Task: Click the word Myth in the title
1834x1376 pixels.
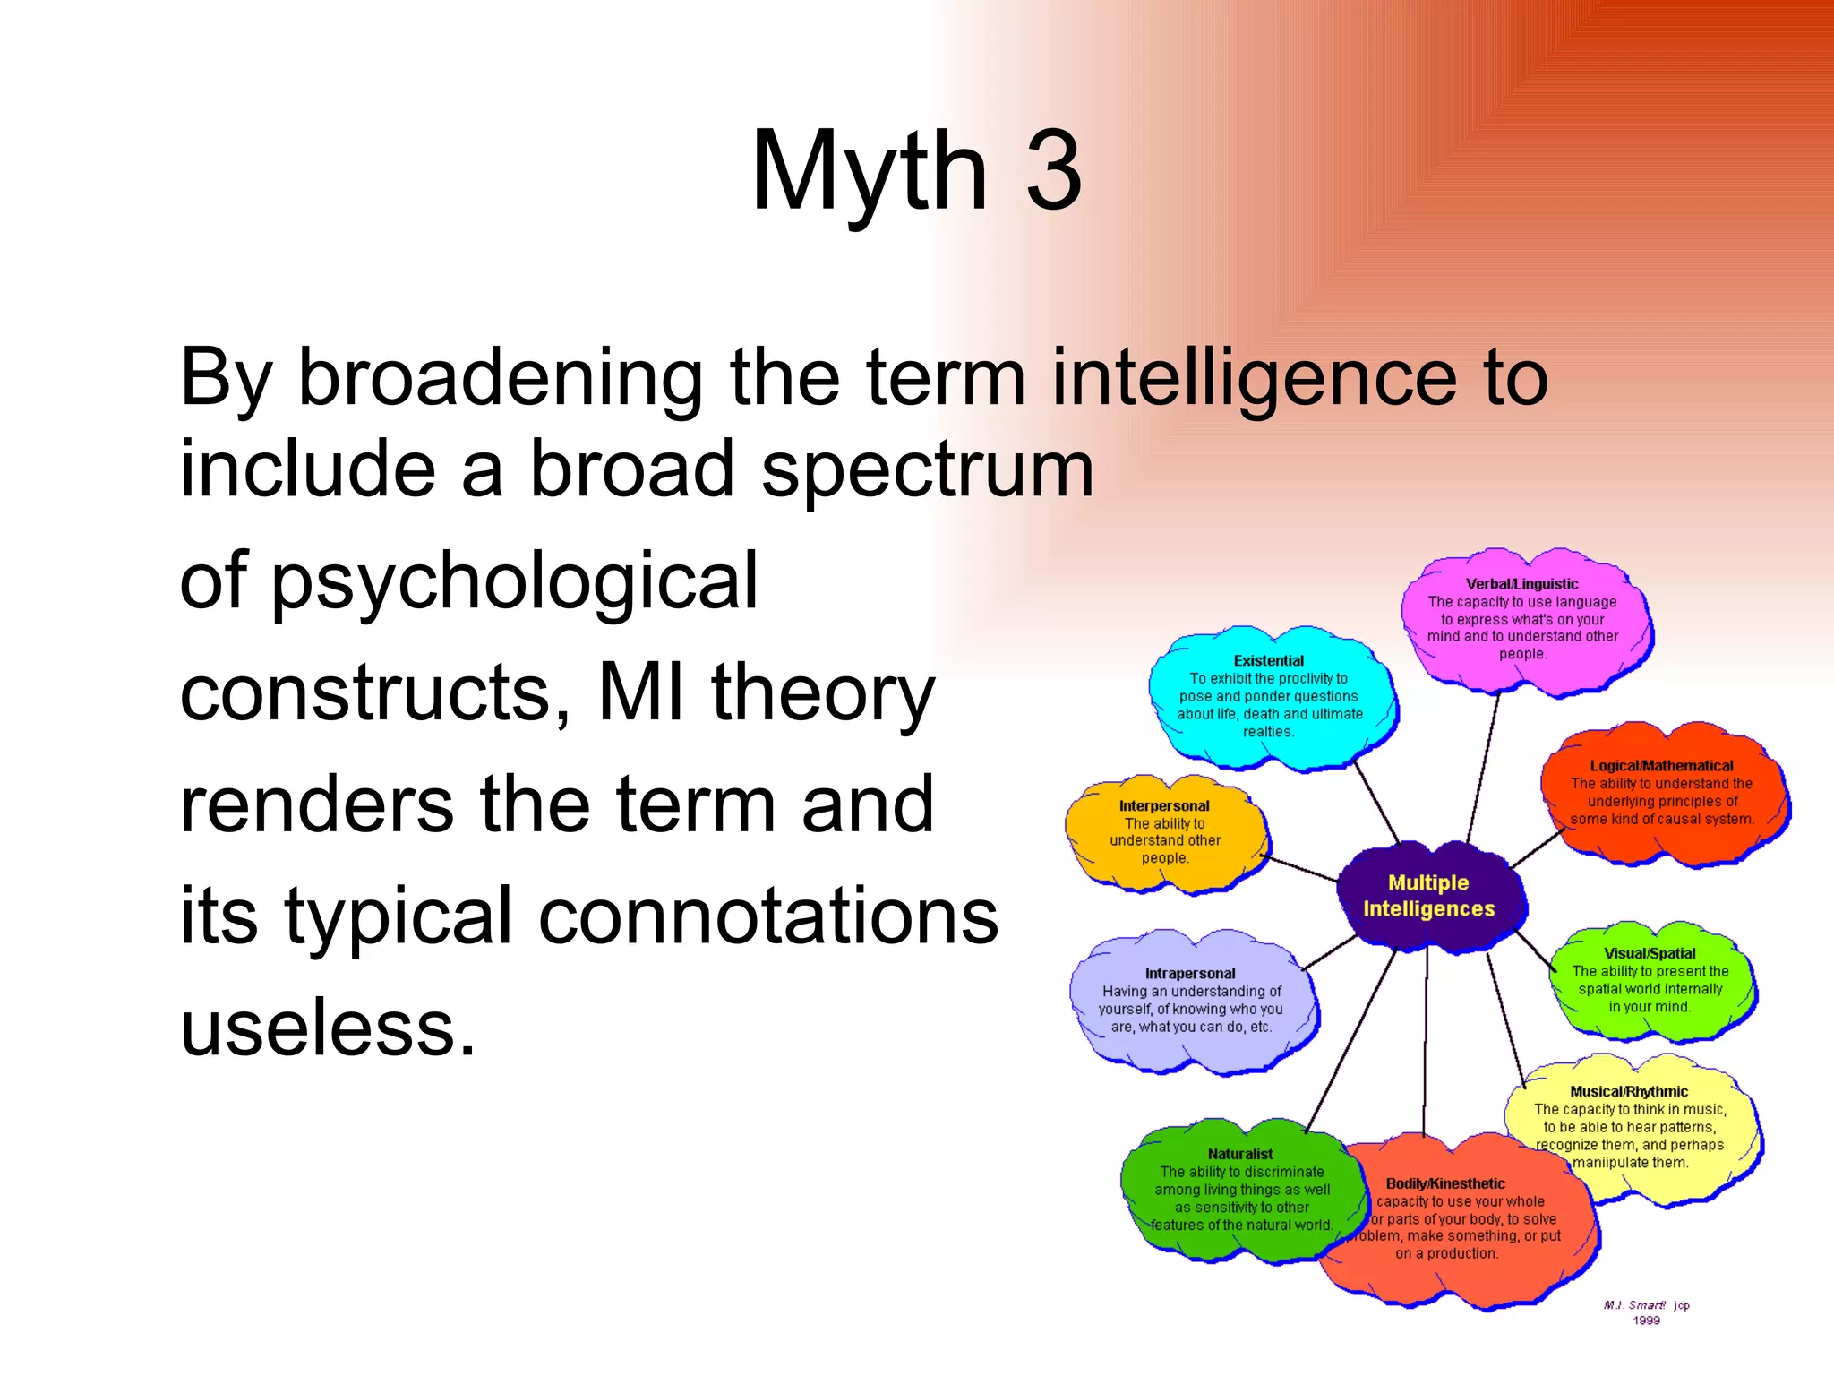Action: [x=869, y=172]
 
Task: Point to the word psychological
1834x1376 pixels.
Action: [x=515, y=582]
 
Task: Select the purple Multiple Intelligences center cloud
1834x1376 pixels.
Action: [x=1428, y=896]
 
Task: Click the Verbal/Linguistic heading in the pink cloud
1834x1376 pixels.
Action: [x=1521, y=584]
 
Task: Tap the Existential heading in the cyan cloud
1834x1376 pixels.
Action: [x=1268, y=661]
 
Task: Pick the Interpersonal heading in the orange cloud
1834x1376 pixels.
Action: [x=1164, y=806]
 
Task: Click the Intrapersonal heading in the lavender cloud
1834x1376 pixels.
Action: [x=1189, y=974]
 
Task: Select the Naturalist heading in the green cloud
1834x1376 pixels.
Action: [x=1239, y=1155]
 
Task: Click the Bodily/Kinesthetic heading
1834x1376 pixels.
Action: [x=1445, y=1184]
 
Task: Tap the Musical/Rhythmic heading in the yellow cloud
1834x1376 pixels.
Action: [x=1628, y=1092]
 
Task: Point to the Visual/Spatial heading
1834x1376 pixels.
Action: [x=1650, y=954]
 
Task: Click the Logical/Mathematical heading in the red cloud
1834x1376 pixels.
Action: [x=1661, y=766]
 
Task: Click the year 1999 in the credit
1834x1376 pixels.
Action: [x=1646, y=1320]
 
